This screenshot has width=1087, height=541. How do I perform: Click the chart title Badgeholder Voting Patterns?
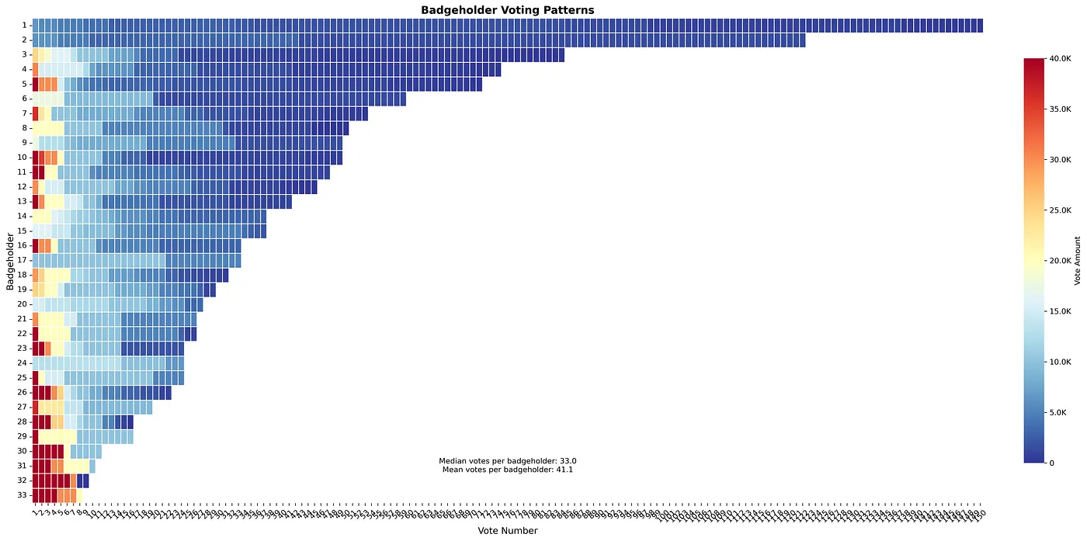[x=507, y=10]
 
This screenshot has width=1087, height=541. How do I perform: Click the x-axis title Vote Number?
[x=507, y=531]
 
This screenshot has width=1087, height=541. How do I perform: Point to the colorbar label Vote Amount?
[x=1078, y=260]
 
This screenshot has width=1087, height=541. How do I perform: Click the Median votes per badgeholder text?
[x=507, y=460]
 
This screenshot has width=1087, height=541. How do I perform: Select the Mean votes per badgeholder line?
[x=507, y=470]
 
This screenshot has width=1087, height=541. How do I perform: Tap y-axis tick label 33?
[x=23, y=495]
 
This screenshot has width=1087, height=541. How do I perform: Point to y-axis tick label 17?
[x=23, y=261]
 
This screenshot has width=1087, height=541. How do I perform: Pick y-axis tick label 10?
[x=23, y=158]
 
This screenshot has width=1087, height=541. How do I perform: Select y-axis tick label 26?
[x=23, y=393]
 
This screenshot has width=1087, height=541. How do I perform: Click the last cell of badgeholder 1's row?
[x=980, y=26]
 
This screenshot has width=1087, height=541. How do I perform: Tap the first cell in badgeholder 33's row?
[x=36, y=495]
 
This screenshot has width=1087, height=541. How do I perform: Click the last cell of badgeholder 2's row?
[x=802, y=40]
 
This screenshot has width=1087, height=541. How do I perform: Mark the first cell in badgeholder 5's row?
[x=36, y=84]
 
